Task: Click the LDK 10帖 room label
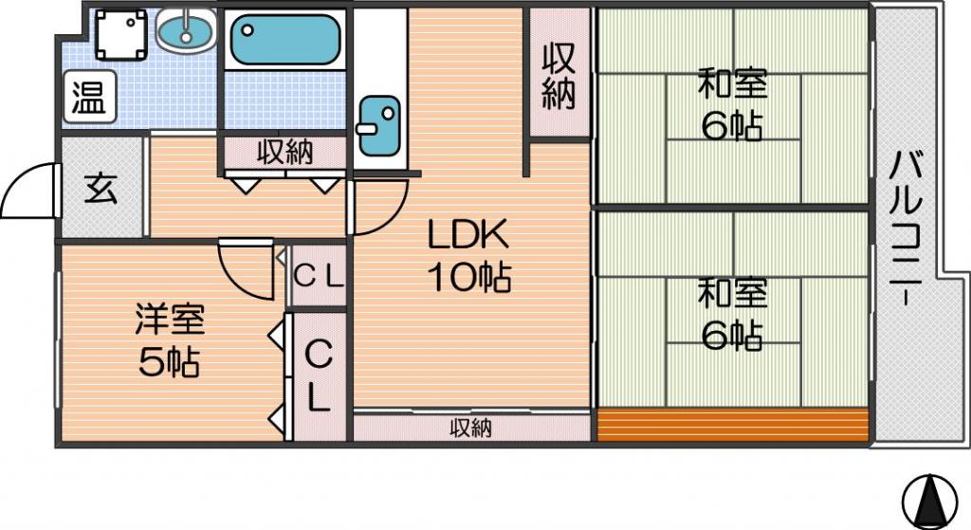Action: click(x=469, y=255)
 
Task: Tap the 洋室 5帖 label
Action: click(x=170, y=340)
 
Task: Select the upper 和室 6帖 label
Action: click(x=733, y=104)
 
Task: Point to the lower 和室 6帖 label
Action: click(x=733, y=315)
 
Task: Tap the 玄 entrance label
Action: click(x=101, y=189)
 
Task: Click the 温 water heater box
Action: click(x=90, y=97)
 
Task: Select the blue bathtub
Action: click(x=285, y=39)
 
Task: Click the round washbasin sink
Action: click(x=186, y=29)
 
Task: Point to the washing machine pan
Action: click(x=121, y=35)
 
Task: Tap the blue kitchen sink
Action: click(x=377, y=126)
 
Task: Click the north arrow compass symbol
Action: click(x=929, y=501)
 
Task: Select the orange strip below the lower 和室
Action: click(x=733, y=425)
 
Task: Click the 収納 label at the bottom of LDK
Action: click(x=470, y=428)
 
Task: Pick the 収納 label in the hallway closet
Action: click(x=284, y=153)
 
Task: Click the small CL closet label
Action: click(x=319, y=277)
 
